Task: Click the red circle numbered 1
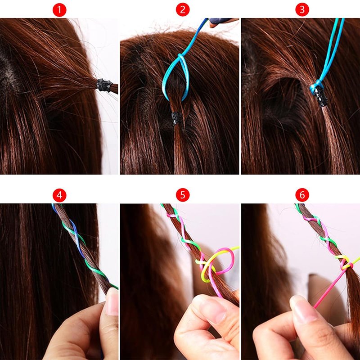[59, 9]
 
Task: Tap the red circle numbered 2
[183, 9]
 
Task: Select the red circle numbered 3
[302, 9]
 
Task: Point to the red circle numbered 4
[59, 195]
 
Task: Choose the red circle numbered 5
[183, 195]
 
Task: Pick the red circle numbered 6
[302, 195]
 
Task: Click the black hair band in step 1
[104, 85]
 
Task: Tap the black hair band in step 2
[176, 118]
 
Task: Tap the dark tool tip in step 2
[218, 22]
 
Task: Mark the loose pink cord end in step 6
[328, 289]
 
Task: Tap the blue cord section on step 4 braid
[77, 239]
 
